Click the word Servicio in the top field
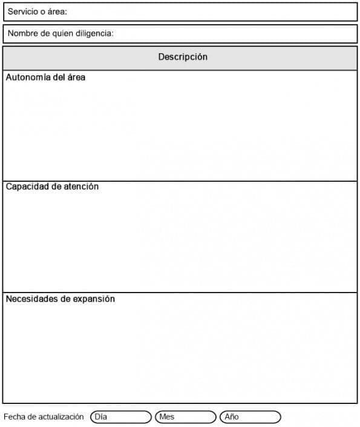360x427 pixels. tap(22, 12)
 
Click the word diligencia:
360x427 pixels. tap(95, 33)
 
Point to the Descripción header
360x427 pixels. tap(183, 57)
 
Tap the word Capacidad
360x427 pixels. tap(25, 187)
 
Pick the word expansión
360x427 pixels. tap(94, 299)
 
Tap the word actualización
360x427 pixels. tap(61, 417)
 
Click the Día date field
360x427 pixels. tap(121, 417)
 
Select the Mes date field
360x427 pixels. tap(186, 417)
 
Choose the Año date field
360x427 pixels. tap(250, 417)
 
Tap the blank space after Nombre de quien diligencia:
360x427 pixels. tap(236, 33)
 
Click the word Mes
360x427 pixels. tap(167, 417)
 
